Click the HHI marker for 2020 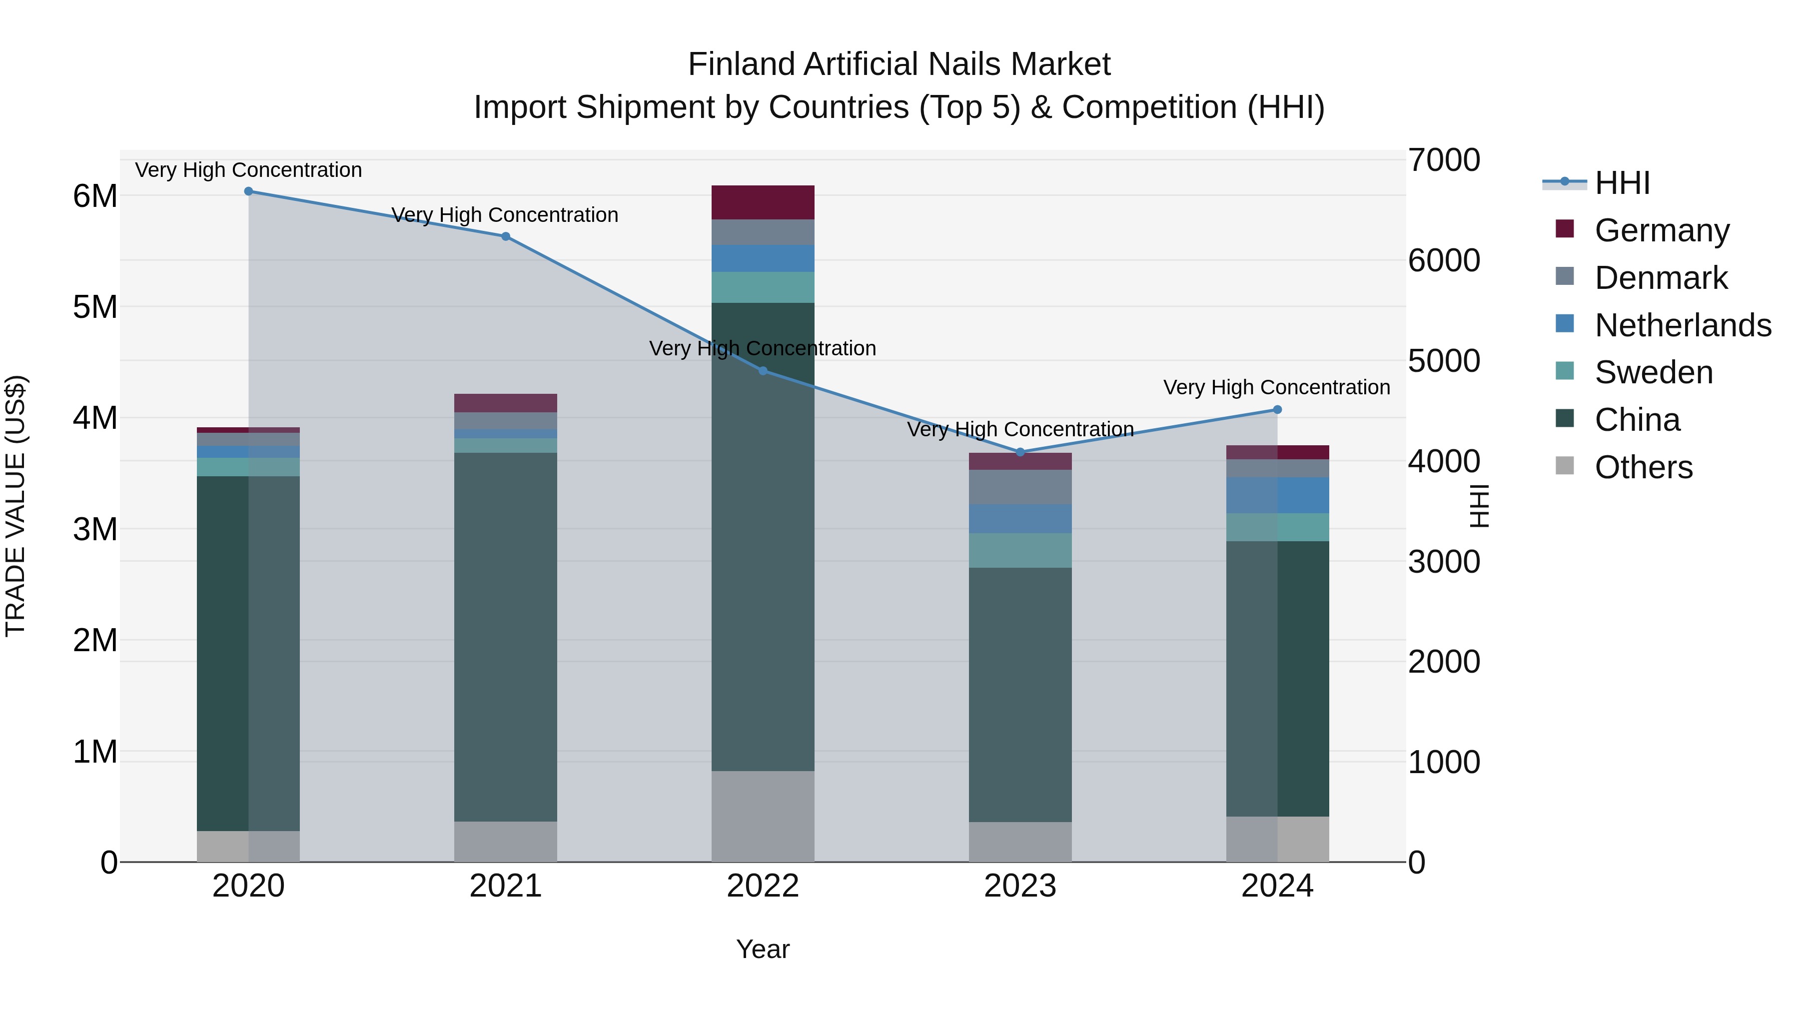tap(249, 191)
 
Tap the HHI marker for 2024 tap(1277, 410)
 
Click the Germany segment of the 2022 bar tap(763, 202)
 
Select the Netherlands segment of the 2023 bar tap(1020, 519)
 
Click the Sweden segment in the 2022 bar tap(763, 287)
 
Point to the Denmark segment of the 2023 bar tap(1020, 487)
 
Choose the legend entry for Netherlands tap(1683, 325)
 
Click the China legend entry tap(1637, 420)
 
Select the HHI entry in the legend tap(1622, 183)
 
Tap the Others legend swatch tap(1565, 466)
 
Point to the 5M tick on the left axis tap(95, 307)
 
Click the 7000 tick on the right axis tap(1444, 160)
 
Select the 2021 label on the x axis tap(506, 886)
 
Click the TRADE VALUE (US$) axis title tap(15, 506)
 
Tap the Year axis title tap(763, 949)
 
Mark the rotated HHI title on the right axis tap(1479, 506)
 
